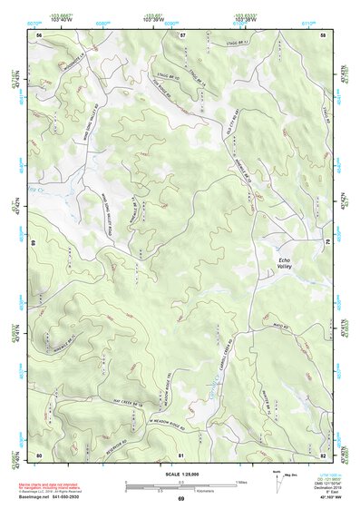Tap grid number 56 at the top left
(x=39, y=34)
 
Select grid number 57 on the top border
(x=182, y=34)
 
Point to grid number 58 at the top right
(x=324, y=34)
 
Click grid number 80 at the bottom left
(x=39, y=454)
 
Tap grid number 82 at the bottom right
(x=324, y=454)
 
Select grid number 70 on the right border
(x=326, y=242)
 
